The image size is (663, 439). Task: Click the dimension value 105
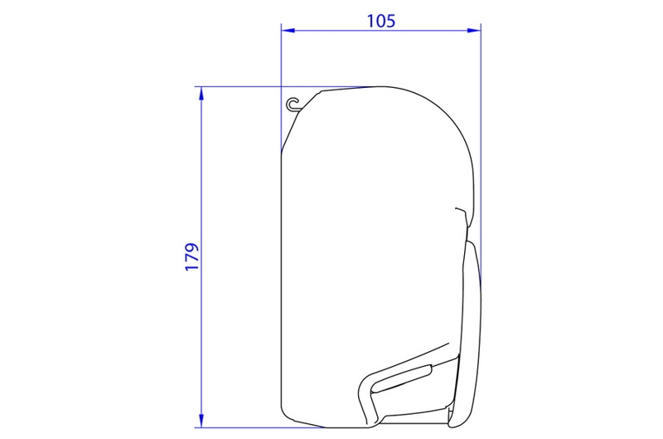pyautogui.click(x=380, y=20)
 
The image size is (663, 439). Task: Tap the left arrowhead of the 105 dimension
pyautogui.click(x=286, y=31)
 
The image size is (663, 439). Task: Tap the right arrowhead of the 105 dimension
pyautogui.click(x=477, y=31)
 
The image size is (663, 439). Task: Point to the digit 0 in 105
pyautogui.click(x=380, y=20)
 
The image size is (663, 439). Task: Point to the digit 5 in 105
pyautogui.click(x=390, y=20)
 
